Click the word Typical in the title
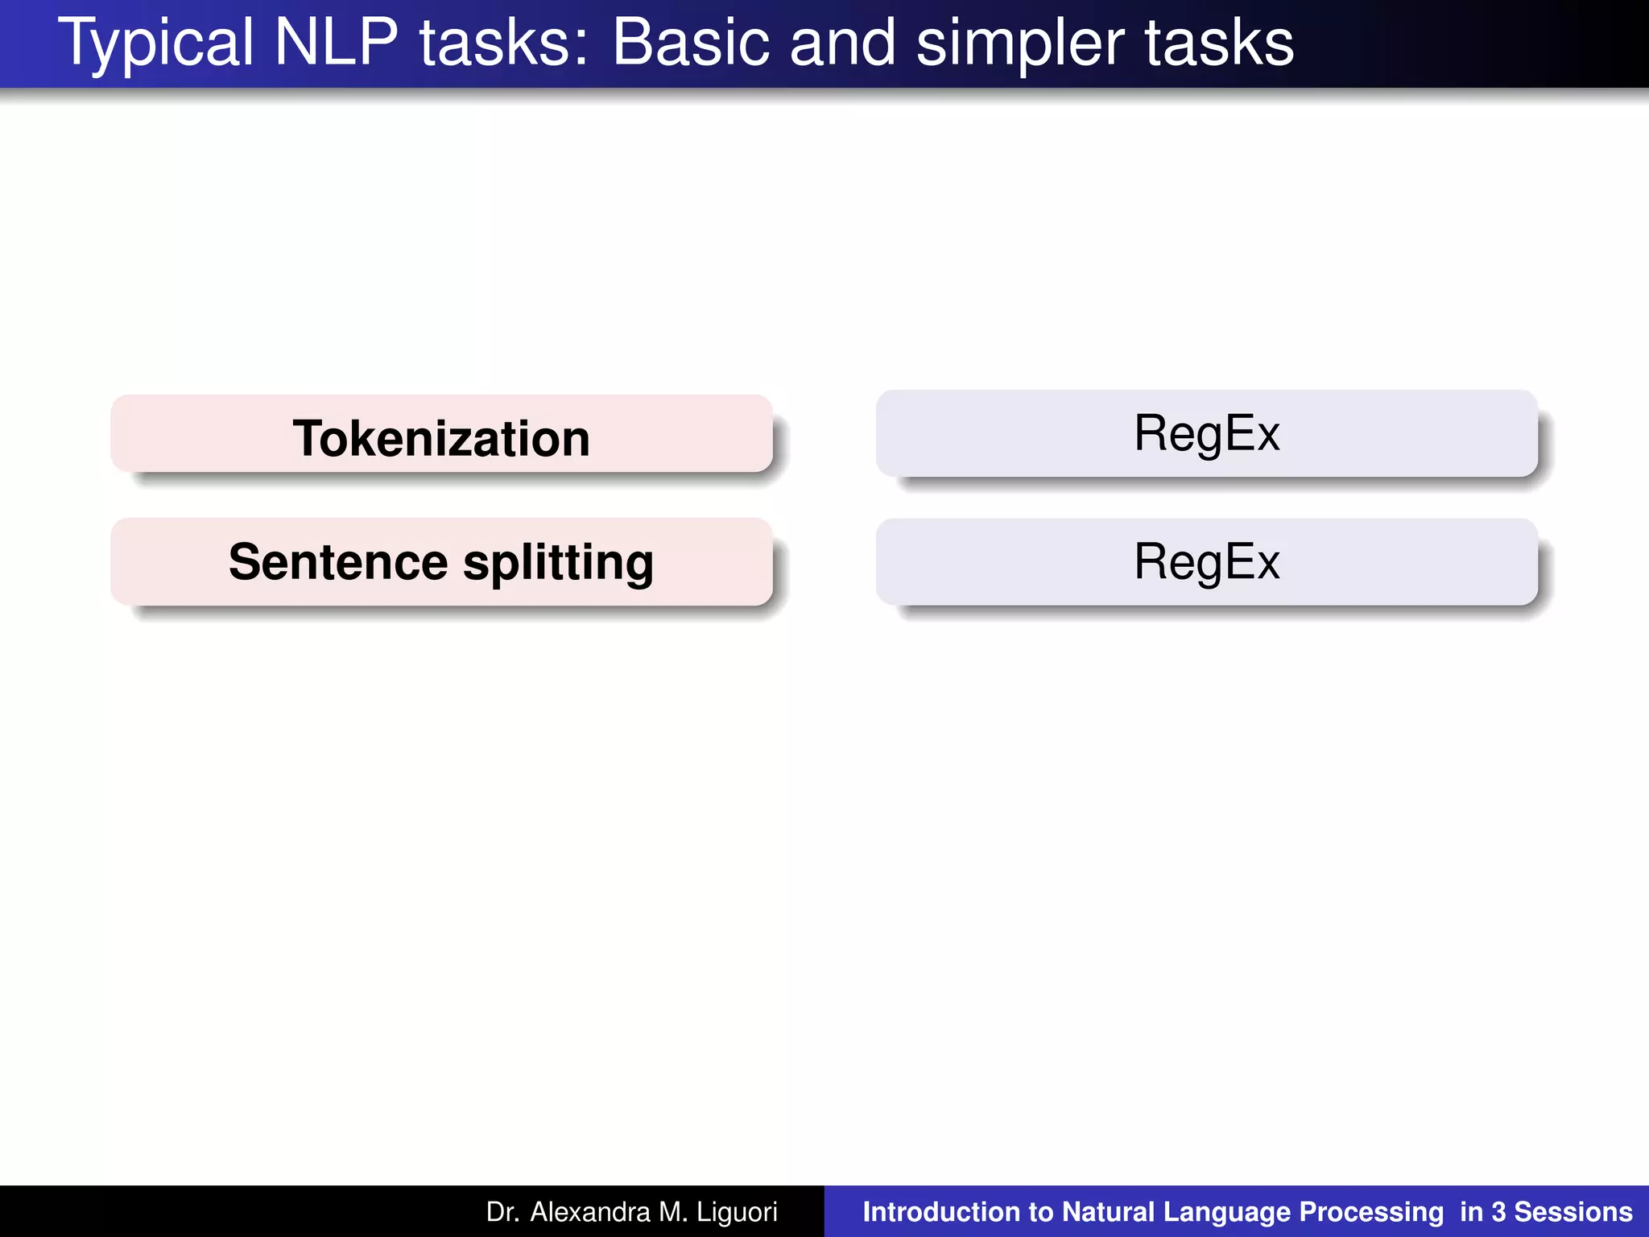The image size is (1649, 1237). (156, 43)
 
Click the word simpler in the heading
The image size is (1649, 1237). (1020, 43)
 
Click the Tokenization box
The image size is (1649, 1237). (441, 436)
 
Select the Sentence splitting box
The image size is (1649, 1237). (441, 562)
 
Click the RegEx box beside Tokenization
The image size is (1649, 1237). (1206, 434)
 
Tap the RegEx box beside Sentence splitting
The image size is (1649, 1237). (1206, 562)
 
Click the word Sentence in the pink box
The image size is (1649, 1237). (338, 562)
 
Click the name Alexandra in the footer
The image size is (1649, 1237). (589, 1212)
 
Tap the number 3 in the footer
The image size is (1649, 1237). (1498, 1212)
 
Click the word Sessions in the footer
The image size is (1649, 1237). (1573, 1212)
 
